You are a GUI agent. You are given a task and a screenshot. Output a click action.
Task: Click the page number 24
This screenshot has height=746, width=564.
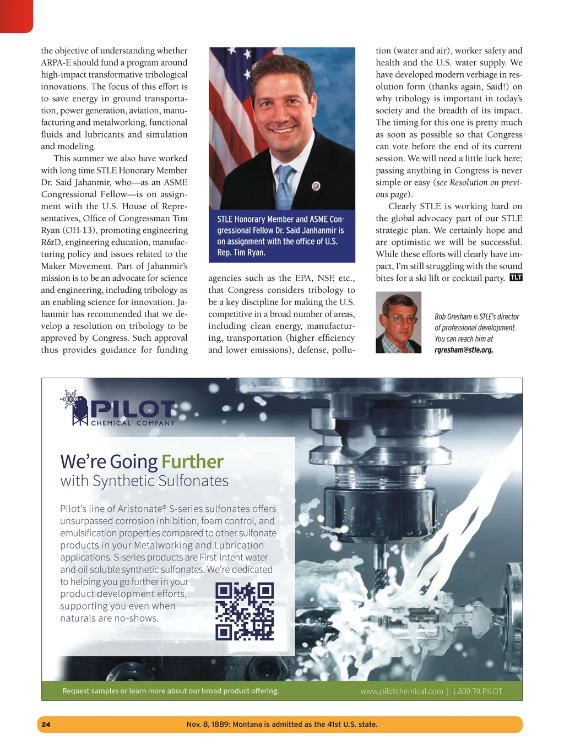46,724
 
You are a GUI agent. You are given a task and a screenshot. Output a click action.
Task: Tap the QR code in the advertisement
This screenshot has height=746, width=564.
245,611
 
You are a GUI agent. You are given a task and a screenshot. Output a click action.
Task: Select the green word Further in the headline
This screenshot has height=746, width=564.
192,461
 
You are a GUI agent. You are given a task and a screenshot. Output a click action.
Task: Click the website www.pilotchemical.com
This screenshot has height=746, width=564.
402,691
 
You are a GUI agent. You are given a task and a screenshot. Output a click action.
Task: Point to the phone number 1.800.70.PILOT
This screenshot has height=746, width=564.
477,691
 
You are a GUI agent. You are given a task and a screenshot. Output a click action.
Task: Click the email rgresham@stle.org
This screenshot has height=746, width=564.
464,350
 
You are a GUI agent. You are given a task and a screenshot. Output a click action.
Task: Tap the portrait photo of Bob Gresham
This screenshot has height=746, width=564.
398,322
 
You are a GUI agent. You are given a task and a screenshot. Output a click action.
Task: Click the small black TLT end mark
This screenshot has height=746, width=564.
516,277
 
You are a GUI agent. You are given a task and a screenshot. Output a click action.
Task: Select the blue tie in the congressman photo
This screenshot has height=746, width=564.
285,187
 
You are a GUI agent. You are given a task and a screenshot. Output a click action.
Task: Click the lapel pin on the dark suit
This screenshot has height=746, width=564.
316,186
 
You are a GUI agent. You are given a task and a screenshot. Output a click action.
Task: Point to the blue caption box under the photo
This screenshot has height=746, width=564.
282,236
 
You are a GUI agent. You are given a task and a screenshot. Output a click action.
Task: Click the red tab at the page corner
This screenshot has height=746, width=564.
16,15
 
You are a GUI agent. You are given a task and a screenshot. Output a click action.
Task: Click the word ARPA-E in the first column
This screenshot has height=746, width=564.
56,62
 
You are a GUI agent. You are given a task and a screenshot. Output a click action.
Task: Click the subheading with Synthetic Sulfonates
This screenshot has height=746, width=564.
144,481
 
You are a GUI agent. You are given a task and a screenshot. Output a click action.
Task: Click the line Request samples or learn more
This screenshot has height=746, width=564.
170,691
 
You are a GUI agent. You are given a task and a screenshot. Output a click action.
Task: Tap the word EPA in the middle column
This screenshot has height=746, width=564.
303,278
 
